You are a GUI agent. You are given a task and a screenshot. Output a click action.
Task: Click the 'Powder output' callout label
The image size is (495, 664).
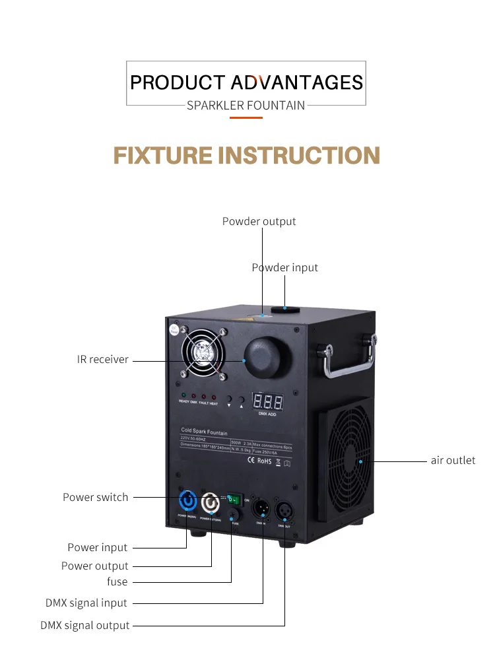(259, 221)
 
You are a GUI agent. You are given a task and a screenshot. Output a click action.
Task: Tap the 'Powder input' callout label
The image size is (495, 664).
(284, 267)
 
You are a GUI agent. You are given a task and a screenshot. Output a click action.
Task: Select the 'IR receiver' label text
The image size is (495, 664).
(102, 360)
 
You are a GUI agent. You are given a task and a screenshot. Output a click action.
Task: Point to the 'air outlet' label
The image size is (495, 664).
(453, 460)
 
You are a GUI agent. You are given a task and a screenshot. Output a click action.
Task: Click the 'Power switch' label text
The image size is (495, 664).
(96, 497)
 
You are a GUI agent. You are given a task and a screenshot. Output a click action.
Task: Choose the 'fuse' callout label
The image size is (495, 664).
(117, 581)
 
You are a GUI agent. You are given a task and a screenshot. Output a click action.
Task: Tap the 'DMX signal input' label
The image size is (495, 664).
(86, 603)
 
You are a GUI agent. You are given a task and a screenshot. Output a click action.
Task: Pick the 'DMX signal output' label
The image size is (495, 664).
(85, 625)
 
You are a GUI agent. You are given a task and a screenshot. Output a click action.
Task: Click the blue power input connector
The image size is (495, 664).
(187, 503)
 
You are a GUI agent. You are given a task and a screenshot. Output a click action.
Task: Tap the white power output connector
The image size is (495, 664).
(211, 503)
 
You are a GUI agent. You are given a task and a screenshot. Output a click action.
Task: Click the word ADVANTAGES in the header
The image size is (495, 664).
(296, 83)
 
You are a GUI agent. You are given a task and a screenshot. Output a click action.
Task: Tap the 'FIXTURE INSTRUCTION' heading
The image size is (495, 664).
(247, 156)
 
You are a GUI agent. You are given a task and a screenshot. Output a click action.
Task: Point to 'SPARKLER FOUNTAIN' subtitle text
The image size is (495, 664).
(246, 105)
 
